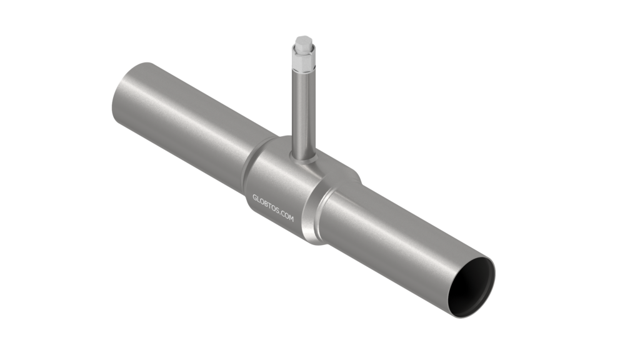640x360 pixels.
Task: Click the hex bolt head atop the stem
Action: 304,43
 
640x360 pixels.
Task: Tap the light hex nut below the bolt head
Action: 303,59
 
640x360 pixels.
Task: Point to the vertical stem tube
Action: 303,114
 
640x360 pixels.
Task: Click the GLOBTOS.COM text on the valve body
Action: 273,208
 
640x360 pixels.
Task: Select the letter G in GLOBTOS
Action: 255,198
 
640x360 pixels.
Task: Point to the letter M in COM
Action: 291,218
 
